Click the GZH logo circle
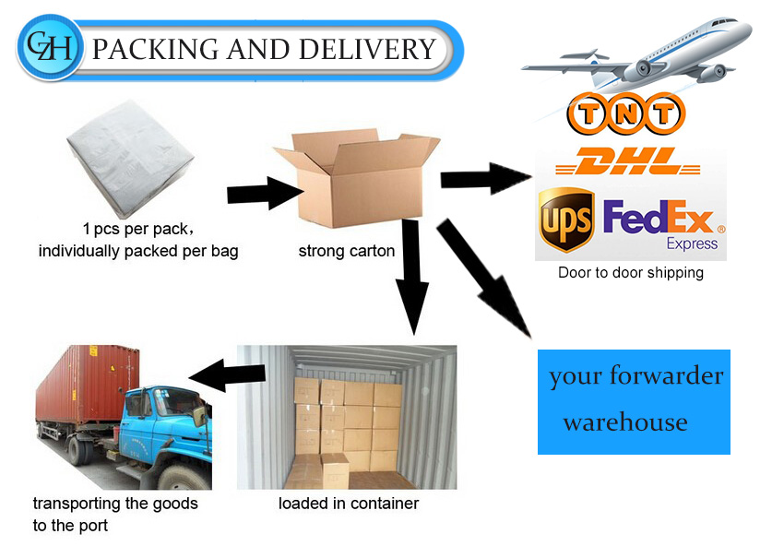[50, 48]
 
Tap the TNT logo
[625, 113]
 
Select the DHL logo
[627, 161]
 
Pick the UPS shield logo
[566, 219]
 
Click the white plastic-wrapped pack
[130, 159]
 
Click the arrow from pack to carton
[265, 194]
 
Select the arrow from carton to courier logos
[485, 179]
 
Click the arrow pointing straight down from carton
[412, 276]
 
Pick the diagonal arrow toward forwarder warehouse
[484, 278]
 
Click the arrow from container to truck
[227, 375]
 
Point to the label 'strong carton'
[347, 251]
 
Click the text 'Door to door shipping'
[631, 272]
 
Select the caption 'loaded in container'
[349, 503]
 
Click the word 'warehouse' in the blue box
[625, 422]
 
